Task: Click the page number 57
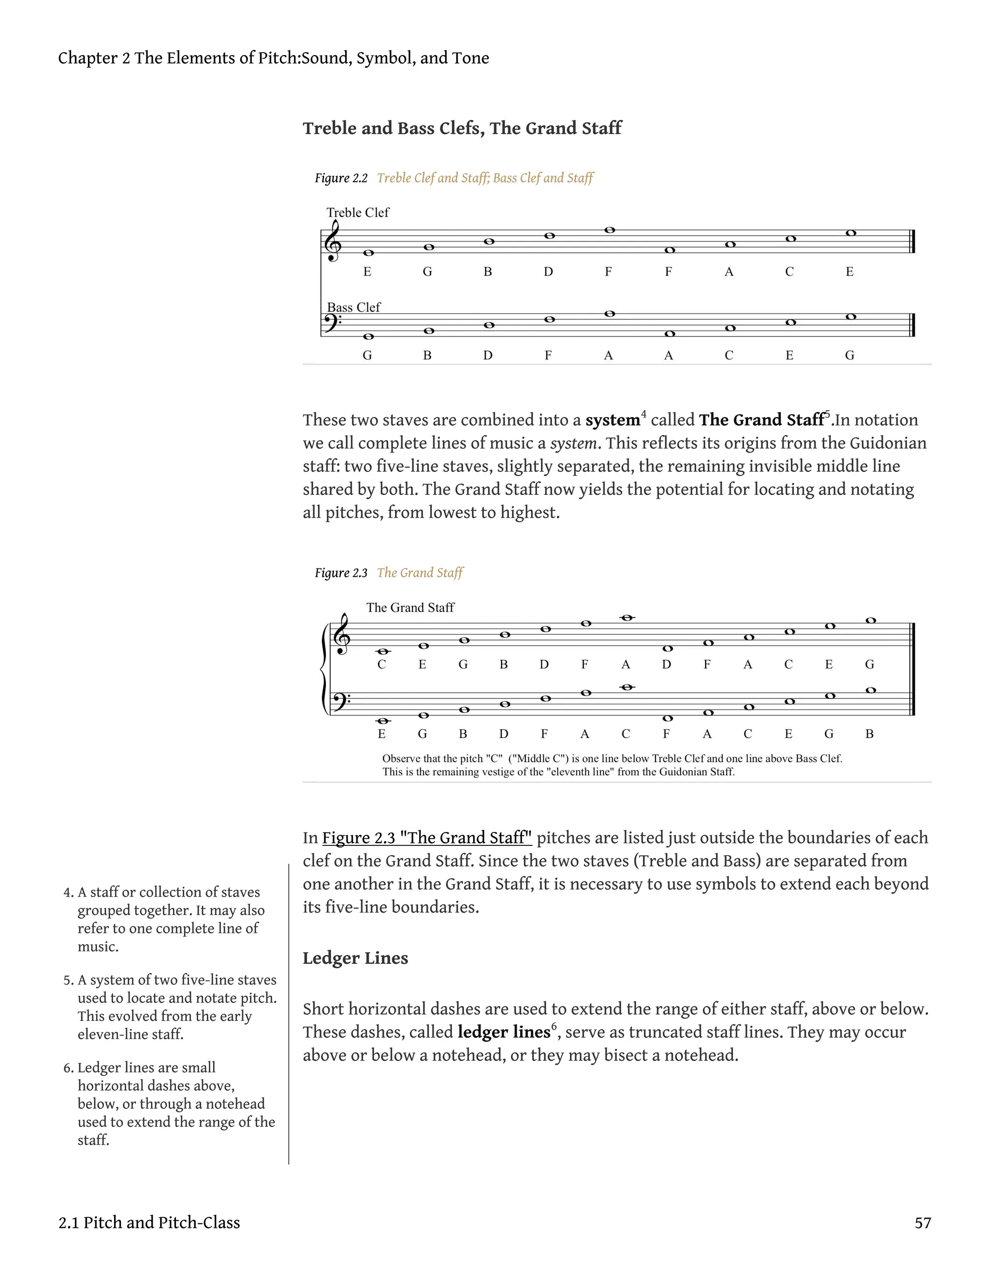click(922, 1223)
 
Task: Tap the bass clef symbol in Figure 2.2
click(333, 322)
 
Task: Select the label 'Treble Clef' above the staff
click(357, 212)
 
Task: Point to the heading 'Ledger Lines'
click(355, 959)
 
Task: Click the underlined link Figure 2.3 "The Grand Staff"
click(426, 838)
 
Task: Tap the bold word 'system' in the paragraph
click(612, 420)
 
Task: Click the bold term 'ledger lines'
click(503, 1033)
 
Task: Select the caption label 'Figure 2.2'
click(341, 178)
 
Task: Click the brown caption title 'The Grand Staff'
click(420, 573)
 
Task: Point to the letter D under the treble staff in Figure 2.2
click(548, 272)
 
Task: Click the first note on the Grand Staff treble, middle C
click(382, 652)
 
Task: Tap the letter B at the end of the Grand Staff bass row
click(869, 734)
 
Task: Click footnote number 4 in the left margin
click(68, 893)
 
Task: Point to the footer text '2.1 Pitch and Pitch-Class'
click(149, 1223)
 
